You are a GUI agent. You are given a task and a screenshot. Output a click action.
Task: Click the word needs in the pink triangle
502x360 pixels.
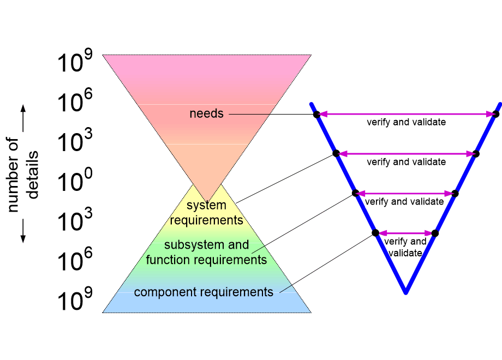coord(206,113)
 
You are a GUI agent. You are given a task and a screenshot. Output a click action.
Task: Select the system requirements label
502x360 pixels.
coord(206,213)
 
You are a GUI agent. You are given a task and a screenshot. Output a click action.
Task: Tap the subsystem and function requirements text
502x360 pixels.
coord(206,252)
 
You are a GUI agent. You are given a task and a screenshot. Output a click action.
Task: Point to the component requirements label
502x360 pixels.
coord(204,292)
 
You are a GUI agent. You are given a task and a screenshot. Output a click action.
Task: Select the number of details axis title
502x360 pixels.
coord(22,175)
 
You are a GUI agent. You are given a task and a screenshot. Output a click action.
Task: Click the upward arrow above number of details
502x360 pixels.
coord(23,118)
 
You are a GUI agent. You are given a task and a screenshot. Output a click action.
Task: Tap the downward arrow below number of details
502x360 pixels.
coord(23,231)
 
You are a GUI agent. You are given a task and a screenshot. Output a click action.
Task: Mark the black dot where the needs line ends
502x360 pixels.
coord(316,114)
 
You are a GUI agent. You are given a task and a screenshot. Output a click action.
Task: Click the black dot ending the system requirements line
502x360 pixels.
coord(336,154)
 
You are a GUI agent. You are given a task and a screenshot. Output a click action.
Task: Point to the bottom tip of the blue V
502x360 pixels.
coord(405,292)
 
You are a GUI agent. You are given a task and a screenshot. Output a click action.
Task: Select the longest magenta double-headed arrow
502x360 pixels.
coord(406,114)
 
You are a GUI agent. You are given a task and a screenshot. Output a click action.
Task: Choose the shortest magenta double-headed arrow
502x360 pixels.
coord(405,233)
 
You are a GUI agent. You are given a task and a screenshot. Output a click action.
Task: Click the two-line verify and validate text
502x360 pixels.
coord(405,247)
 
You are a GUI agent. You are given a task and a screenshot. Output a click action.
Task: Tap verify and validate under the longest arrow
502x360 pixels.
coord(407,122)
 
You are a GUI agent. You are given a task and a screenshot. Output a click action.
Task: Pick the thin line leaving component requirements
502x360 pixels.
coord(327,263)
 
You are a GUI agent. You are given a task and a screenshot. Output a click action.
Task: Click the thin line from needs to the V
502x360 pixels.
coord(273,114)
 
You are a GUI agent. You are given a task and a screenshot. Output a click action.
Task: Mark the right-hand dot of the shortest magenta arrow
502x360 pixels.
coord(435,233)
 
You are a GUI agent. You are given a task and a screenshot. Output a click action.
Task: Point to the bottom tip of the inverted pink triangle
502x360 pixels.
coord(207,202)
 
